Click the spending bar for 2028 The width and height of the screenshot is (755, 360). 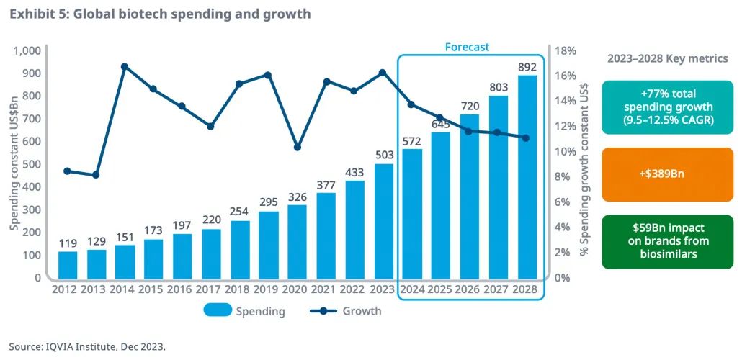pyautogui.click(x=527, y=176)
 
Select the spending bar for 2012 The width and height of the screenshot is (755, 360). pyautogui.click(x=68, y=264)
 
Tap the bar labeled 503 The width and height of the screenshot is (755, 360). pyautogui.click(x=384, y=220)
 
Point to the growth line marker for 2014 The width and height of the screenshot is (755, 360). pyautogui.click(x=125, y=66)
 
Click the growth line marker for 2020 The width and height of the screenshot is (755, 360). pyautogui.click(x=298, y=147)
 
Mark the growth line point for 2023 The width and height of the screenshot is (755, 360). pyautogui.click(x=383, y=72)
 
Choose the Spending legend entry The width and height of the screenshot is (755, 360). pyautogui.click(x=245, y=311)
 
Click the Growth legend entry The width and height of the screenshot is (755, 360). pyautogui.click(x=346, y=311)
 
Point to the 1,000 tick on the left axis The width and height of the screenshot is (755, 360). pyautogui.click(x=28, y=50)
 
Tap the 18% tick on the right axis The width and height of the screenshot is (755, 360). pyautogui.click(x=565, y=50)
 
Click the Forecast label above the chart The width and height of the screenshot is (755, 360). pyautogui.click(x=467, y=47)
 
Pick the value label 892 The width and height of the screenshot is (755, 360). pyautogui.click(x=527, y=67)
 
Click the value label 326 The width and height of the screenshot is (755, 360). pyautogui.click(x=298, y=197)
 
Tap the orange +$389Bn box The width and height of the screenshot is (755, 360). pyautogui.click(x=666, y=174)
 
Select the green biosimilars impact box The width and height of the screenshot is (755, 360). pyautogui.click(x=666, y=241)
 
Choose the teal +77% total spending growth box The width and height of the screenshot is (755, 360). pyautogui.click(x=666, y=107)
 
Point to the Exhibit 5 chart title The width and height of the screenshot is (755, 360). pyautogui.click(x=160, y=14)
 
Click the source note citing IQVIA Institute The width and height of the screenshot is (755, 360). pyautogui.click(x=87, y=346)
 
